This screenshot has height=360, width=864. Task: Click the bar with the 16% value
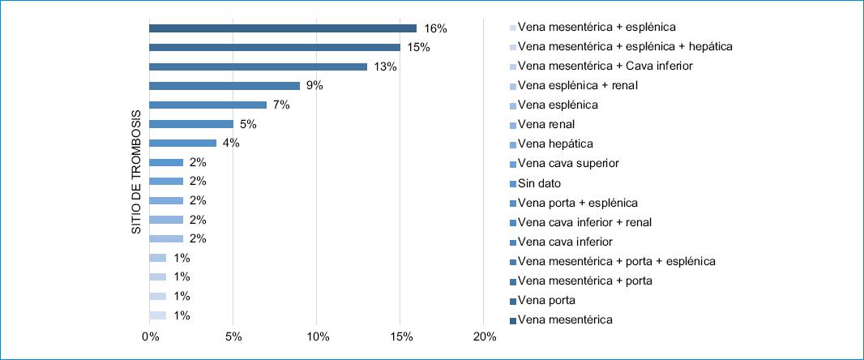[283, 28]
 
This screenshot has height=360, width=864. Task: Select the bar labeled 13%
[258, 66]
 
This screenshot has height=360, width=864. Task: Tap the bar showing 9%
[225, 86]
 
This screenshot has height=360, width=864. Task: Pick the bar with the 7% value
[207, 105]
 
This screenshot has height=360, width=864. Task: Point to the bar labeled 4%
[182, 144]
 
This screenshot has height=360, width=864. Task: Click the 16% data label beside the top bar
[435, 28]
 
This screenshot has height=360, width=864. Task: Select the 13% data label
[385, 66]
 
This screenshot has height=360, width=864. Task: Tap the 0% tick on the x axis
[150, 336]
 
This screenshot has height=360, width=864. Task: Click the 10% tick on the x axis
[317, 336]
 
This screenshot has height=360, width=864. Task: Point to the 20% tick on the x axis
[484, 336]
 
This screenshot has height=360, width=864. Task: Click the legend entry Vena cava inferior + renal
[584, 221]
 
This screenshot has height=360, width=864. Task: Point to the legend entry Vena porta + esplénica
[577, 202]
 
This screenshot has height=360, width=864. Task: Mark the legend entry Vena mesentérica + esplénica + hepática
[625, 46]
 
